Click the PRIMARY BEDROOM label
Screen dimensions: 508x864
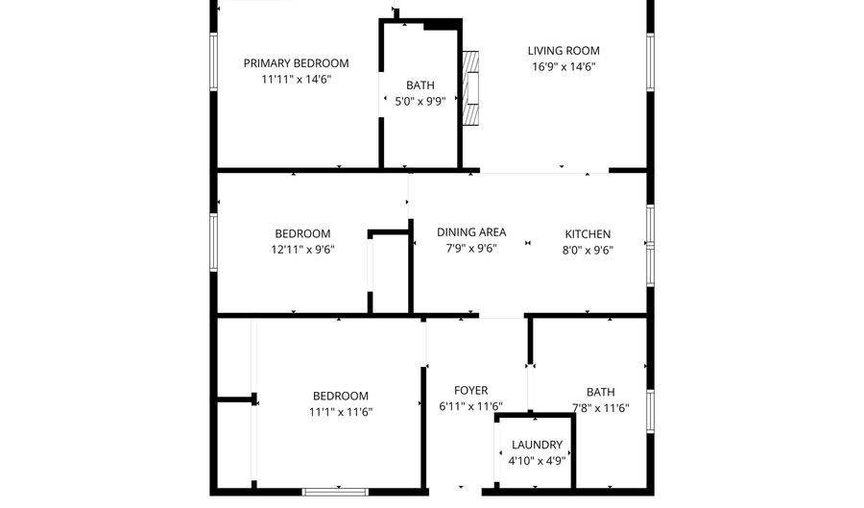point(296,63)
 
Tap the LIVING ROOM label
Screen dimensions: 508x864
point(564,51)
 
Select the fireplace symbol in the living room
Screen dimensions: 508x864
point(470,88)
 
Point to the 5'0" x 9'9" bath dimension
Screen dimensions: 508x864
point(420,101)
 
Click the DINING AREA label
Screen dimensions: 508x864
point(471,232)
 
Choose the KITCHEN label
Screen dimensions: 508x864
point(588,234)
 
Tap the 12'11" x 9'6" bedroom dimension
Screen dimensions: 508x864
point(302,250)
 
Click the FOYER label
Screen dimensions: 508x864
point(471,391)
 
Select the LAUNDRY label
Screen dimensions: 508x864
point(537,445)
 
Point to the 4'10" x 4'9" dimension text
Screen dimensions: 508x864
point(537,461)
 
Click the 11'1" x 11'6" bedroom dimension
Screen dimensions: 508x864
point(341,412)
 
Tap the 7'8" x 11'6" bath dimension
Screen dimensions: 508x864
point(601,408)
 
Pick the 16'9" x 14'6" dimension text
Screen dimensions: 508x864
point(564,67)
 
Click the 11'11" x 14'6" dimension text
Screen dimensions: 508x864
point(296,80)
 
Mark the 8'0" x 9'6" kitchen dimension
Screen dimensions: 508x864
point(588,251)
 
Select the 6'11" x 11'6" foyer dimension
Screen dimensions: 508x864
point(471,407)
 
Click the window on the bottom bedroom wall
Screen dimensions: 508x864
point(335,492)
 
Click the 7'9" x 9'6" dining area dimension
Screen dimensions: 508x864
point(471,249)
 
